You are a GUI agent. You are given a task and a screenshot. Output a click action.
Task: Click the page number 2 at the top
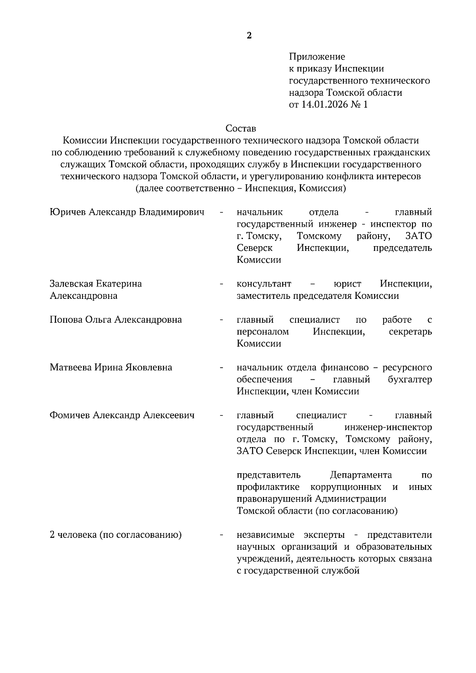[x=249, y=36]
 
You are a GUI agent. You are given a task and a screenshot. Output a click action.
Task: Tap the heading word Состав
[x=241, y=128]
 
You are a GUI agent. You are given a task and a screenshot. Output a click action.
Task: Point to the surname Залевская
[x=71, y=284]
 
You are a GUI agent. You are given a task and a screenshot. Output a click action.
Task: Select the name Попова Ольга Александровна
[x=115, y=320]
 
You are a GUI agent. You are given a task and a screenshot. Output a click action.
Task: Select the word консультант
[x=264, y=284]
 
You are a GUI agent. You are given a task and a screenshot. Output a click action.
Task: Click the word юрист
[x=347, y=284]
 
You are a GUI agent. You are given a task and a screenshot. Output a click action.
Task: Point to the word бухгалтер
[x=410, y=379]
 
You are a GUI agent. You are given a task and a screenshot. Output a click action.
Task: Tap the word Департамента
[x=361, y=475]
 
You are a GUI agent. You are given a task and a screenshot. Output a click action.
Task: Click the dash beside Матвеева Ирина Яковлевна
[x=221, y=367]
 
